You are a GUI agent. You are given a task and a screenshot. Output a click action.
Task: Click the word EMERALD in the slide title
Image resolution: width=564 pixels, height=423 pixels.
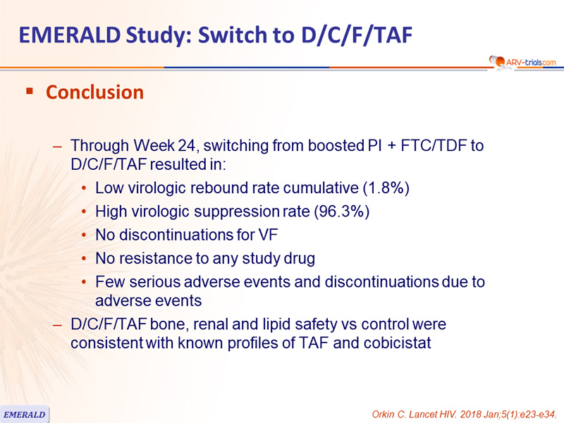(x=70, y=35)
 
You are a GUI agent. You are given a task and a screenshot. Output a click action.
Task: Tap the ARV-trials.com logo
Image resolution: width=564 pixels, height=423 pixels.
(x=522, y=62)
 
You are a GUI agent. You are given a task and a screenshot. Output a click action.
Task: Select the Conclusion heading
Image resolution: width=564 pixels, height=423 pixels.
(x=95, y=92)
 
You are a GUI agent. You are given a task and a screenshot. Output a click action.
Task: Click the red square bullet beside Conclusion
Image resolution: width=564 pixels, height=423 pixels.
(x=30, y=91)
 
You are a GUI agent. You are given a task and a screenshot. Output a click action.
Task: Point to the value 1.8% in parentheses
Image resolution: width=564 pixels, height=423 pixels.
(x=386, y=188)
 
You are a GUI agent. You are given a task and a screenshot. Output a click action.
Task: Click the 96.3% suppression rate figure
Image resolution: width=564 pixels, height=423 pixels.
(x=342, y=211)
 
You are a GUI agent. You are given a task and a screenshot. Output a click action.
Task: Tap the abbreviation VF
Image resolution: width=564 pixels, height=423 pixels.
(x=268, y=235)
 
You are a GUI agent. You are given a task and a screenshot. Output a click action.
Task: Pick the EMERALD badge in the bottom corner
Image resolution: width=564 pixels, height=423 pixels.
(x=25, y=415)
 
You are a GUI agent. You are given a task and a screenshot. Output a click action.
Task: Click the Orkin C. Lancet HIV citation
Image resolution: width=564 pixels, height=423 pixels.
(x=464, y=415)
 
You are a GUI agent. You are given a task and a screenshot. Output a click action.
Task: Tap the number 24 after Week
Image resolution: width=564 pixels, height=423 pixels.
(x=186, y=146)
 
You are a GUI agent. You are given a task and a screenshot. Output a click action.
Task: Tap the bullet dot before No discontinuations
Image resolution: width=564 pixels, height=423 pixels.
(x=84, y=235)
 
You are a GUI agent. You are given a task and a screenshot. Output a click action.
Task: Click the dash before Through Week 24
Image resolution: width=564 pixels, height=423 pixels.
(x=57, y=146)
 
